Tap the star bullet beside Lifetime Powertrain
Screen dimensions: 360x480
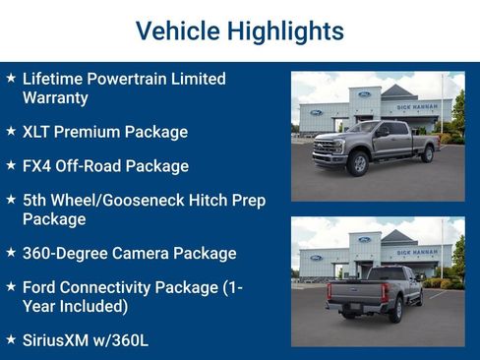[11, 78]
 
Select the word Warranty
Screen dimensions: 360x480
[55, 98]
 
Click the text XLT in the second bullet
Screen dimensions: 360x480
[37, 132]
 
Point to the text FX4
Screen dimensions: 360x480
[38, 166]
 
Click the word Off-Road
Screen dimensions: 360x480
[94, 166]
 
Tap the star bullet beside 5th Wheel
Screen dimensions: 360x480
[11, 200]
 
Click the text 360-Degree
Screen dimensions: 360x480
[64, 254]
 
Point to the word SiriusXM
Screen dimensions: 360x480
[60, 340]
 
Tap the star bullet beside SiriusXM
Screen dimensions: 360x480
[11, 339]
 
